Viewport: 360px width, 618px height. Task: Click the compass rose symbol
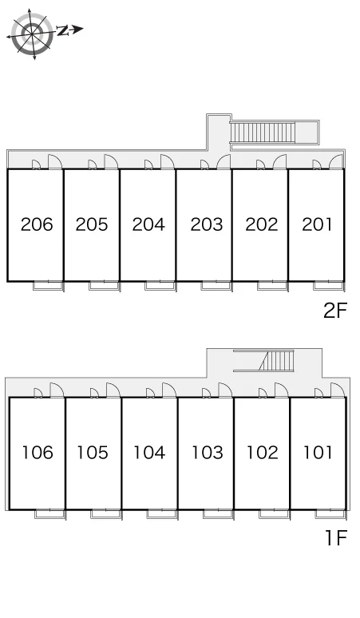32,34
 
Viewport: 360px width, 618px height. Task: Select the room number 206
37,224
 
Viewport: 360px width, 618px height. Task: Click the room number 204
148,224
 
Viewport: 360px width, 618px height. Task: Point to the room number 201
317,224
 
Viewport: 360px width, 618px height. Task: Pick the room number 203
207,224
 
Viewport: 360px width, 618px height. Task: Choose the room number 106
38,453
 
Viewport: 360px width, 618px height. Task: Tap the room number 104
149,453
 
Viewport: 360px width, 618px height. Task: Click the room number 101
318,453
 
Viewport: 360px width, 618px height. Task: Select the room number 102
263,453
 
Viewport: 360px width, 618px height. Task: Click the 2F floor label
335,311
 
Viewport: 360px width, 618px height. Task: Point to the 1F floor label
336,538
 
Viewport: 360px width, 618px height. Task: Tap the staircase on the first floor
277,361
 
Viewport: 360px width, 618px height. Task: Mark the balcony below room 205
104,286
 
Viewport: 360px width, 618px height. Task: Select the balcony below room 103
218,514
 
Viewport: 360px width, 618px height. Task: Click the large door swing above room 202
279,161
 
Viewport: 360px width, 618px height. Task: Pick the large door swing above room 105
113,390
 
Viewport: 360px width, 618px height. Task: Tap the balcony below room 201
329,286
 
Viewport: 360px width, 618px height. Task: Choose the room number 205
92,224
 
